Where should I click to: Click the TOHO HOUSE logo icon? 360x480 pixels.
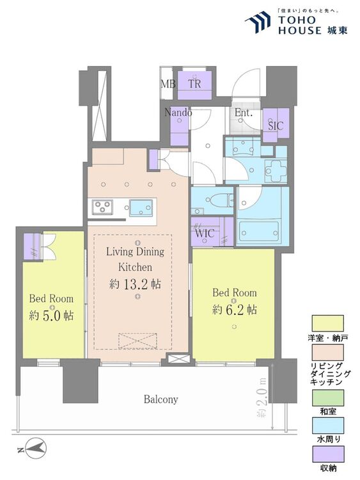pyautogui.click(x=258, y=21)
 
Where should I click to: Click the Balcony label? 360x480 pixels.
pyautogui.click(x=161, y=399)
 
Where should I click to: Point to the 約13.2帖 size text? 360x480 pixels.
pyautogui.click(x=135, y=284)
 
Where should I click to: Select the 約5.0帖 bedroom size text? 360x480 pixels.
pyautogui.click(x=51, y=316)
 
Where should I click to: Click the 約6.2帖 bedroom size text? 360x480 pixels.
pyautogui.click(x=234, y=310)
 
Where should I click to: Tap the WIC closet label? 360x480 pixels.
pyautogui.click(x=205, y=234)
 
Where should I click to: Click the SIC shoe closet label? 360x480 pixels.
pyautogui.click(x=276, y=126)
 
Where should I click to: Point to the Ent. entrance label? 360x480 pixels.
pyautogui.click(x=244, y=113)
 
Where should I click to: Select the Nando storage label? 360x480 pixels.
pyautogui.click(x=178, y=113)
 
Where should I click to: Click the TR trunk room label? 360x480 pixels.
pyautogui.click(x=195, y=83)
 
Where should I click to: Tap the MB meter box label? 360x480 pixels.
pyautogui.click(x=168, y=83)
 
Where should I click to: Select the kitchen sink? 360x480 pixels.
pyautogui.click(x=141, y=208)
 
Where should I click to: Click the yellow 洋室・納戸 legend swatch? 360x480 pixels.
pyautogui.click(x=327, y=323)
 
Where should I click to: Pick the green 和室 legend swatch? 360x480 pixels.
pyautogui.click(x=327, y=397)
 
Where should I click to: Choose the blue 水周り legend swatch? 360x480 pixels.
pyautogui.click(x=327, y=426)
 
